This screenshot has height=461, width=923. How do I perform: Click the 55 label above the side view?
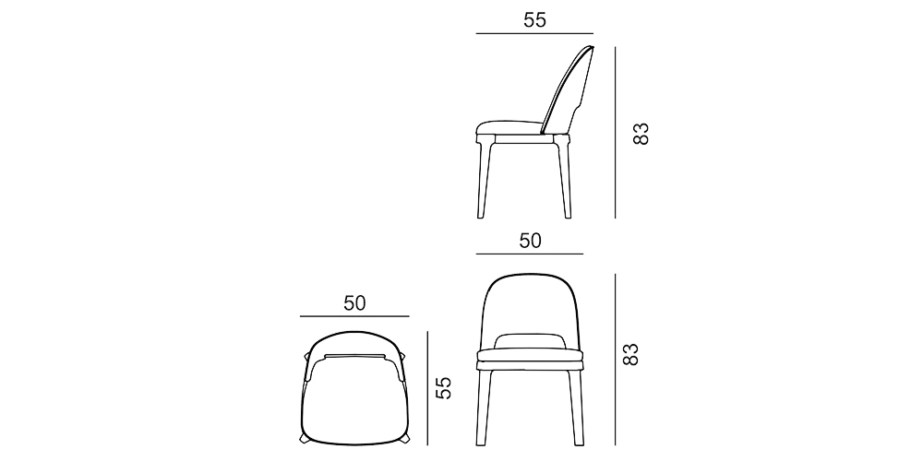pyautogui.click(x=534, y=20)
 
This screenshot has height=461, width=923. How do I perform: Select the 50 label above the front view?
pyautogui.click(x=530, y=241)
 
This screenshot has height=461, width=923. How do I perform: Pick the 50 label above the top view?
pyautogui.click(x=354, y=302)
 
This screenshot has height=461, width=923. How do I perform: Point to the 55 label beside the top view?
pyautogui.click(x=444, y=387)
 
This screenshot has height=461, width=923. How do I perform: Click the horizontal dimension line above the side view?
pyautogui.click(x=534, y=34)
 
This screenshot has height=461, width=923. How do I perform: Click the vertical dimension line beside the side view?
pyautogui.click(x=615, y=133)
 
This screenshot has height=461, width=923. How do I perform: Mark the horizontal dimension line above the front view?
pyautogui.click(x=530, y=253)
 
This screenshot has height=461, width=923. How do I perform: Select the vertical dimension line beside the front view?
pyautogui.click(x=615, y=354)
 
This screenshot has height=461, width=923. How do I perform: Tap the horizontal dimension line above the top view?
pyautogui.click(x=354, y=315)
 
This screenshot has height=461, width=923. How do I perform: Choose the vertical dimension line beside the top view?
pyautogui.click(x=427, y=387)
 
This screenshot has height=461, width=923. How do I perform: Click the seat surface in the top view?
pyautogui.click(x=354, y=401)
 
